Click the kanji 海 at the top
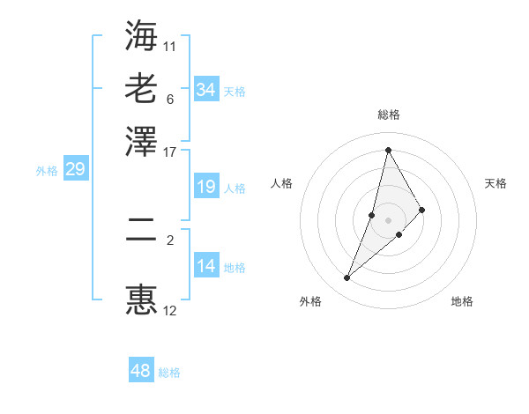[x=141, y=35]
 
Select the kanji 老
[x=141, y=88]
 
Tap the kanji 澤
[x=141, y=141]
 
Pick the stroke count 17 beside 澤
[x=170, y=151]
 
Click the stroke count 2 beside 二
[x=170, y=237]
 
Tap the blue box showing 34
[x=205, y=90]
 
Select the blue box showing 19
[x=205, y=187]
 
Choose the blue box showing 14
[x=205, y=266]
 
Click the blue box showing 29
[x=75, y=169]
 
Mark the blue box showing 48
[x=141, y=371]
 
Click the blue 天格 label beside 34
[x=235, y=92]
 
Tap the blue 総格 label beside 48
[x=169, y=373]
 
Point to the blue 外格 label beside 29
[x=47, y=171]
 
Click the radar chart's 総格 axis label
[x=389, y=115]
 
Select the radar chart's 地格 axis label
[x=462, y=301]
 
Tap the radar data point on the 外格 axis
[x=347, y=278]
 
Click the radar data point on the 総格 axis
[x=388, y=150]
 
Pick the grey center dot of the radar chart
[x=388, y=219]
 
